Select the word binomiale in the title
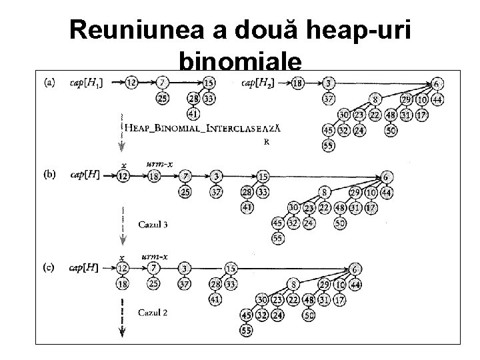pos(241,63)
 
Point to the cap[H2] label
pos(257,83)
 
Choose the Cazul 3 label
pos(153,225)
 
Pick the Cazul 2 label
pos(153,311)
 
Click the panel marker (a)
pos(49,83)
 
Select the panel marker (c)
pos(49,267)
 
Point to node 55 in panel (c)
pos(247,330)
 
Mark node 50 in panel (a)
pos(391,130)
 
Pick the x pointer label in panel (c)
pos(123,257)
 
